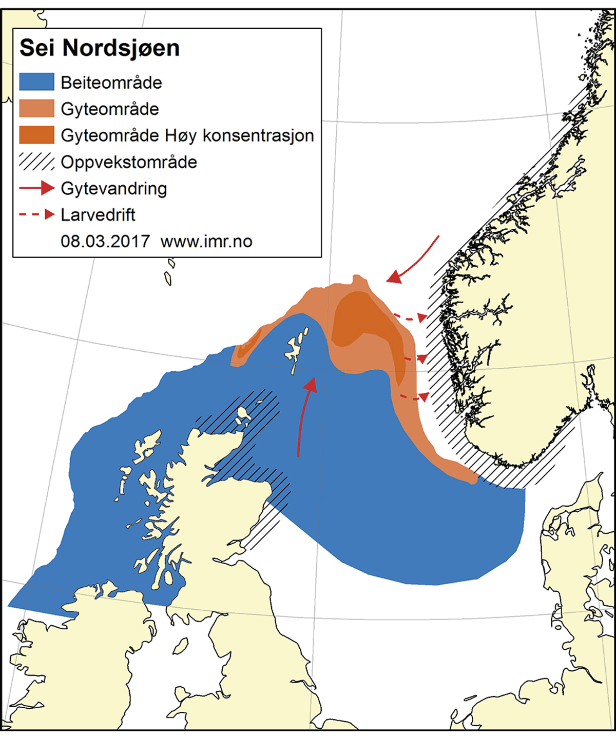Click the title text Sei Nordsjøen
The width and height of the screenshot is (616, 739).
[x=100, y=48]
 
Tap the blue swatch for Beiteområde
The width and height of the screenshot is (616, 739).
[x=36, y=82]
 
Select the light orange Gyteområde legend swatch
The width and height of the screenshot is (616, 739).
[x=36, y=109]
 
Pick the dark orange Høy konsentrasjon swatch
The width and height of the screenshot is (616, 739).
[x=36, y=135]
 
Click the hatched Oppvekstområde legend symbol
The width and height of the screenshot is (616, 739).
[x=36, y=162]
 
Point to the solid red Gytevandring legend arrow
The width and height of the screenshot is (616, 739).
[x=36, y=188]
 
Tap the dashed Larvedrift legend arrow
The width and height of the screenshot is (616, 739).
[x=36, y=214]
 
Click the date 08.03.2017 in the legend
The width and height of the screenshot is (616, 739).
[x=105, y=241]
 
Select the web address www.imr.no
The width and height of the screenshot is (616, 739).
[x=206, y=241]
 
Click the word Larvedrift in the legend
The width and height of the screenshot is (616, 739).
[x=98, y=214]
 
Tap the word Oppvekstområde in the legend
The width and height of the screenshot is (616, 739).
[x=129, y=162]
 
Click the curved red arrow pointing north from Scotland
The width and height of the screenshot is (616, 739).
[x=305, y=415]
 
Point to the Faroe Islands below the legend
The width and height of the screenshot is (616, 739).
[x=169, y=274]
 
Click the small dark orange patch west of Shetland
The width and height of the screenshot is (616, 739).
[x=249, y=343]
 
